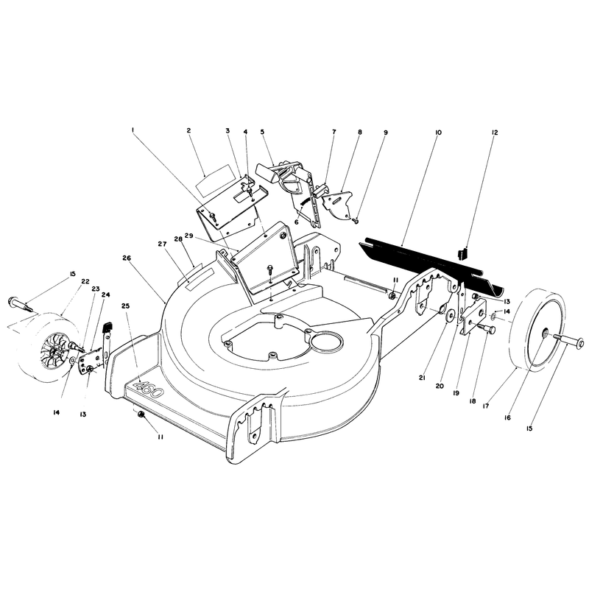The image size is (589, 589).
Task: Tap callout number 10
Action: (438, 133)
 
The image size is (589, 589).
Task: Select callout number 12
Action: (494, 133)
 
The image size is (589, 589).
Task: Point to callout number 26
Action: (127, 258)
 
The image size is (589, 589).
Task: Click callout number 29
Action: (188, 236)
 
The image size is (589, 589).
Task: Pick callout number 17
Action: (486, 406)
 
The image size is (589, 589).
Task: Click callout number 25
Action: (125, 306)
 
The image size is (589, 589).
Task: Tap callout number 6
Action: (297, 222)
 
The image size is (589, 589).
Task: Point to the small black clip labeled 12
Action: (462, 253)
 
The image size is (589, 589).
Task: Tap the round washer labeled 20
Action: (450, 317)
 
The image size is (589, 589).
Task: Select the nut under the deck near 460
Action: (141, 414)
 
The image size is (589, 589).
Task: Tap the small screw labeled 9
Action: (355, 222)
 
